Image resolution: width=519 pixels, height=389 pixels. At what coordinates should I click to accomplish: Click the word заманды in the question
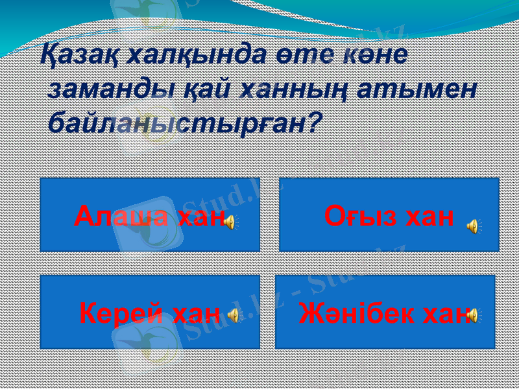(x=110, y=88)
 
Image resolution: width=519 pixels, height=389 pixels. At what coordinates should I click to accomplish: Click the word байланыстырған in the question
(x=175, y=123)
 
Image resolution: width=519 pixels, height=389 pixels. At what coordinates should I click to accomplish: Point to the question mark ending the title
(x=313, y=121)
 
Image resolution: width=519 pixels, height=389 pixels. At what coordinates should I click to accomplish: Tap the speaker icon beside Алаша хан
(x=230, y=223)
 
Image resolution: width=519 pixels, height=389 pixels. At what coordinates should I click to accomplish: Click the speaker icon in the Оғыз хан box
(x=473, y=226)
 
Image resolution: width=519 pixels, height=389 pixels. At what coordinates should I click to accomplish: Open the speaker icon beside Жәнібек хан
(x=473, y=315)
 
